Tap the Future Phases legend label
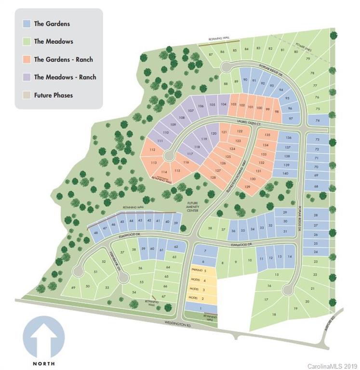point(53,95)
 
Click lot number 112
point(152,150)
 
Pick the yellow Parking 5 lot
point(201,271)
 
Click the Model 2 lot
point(201,299)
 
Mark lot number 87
point(211,54)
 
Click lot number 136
point(288,138)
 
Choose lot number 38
point(210,228)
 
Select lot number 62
point(177,247)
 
